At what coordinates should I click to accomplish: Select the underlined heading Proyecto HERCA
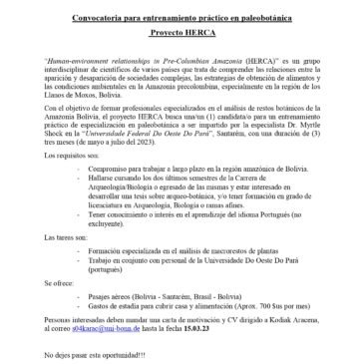182,31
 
